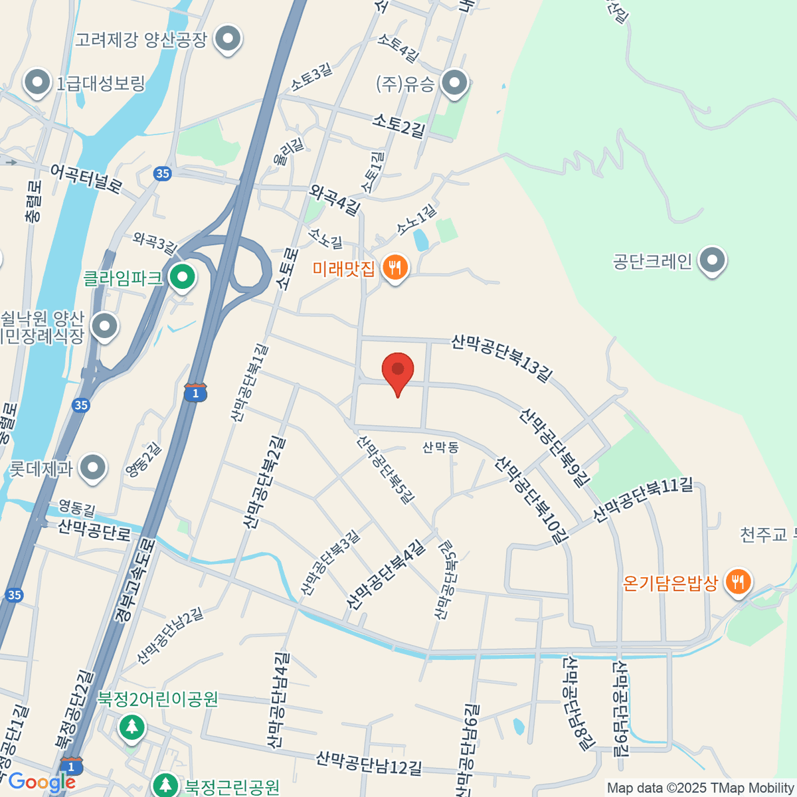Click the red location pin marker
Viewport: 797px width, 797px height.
tap(398, 372)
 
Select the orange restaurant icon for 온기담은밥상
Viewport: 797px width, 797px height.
tap(737, 583)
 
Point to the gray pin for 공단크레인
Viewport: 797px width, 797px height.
tap(713, 261)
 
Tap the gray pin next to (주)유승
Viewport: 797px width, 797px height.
tap(455, 84)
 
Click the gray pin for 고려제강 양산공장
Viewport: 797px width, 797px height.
tap(228, 39)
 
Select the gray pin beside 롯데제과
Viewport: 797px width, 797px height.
tap(92, 468)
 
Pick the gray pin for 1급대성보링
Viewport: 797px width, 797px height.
tap(37, 84)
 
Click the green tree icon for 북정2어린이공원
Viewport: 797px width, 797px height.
tap(132, 727)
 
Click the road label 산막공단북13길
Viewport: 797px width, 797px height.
tap(501, 359)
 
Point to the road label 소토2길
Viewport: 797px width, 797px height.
tap(398, 124)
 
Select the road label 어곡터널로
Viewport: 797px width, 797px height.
tap(86, 179)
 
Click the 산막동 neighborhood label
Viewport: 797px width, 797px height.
tap(440, 448)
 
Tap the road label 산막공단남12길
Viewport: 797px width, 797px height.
tap(369, 762)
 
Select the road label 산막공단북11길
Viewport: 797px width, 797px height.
tap(642, 499)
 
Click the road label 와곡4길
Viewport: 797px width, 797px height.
tap(335, 200)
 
